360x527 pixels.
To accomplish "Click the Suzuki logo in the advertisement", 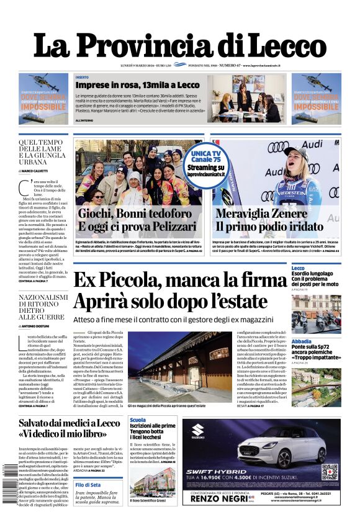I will point(198,430).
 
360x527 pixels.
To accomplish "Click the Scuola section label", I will point(138,420).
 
